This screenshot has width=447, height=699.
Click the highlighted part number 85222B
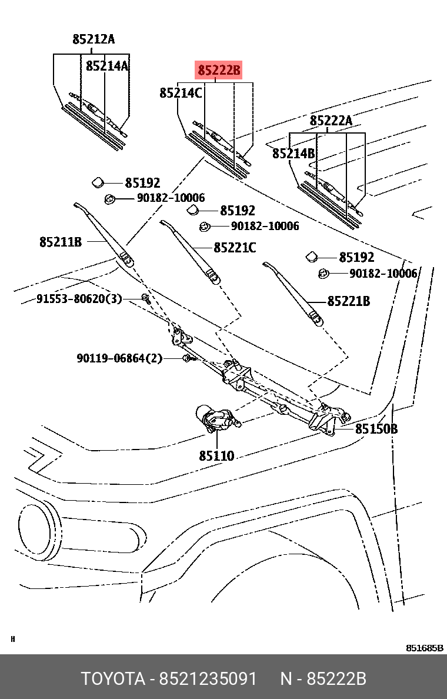(219, 71)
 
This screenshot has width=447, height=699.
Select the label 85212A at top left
(94, 40)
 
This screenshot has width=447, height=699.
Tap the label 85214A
(107, 66)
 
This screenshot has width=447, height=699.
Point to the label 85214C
(181, 93)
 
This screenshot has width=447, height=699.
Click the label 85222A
(331, 121)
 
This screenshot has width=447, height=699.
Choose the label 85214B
(293, 154)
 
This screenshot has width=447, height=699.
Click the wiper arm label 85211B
(61, 242)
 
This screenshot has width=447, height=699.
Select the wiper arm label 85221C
(235, 248)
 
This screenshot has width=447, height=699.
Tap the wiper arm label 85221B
(348, 301)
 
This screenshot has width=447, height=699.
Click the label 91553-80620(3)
(79, 299)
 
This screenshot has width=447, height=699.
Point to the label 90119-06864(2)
(119, 358)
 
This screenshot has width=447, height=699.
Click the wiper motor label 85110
(216, 455)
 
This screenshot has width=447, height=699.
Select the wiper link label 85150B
(376, 429)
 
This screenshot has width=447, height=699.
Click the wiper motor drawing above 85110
(218, 419)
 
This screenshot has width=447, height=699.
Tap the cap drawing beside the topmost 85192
(98, 184)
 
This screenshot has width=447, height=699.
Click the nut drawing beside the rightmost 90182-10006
(323, 273)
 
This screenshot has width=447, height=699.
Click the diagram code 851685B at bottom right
(425, 648)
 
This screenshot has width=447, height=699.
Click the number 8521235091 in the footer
(208, 679)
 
